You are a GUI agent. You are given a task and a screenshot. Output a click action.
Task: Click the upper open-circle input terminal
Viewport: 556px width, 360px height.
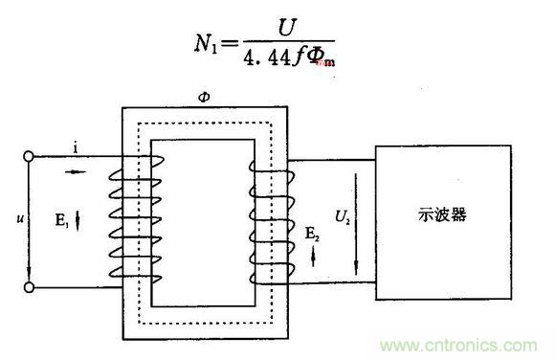click(30, 156)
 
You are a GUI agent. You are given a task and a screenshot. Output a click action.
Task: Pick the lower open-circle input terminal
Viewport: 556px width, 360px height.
click(30, 286)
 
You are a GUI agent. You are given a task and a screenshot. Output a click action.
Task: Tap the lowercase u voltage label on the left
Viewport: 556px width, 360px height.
click(18, 220)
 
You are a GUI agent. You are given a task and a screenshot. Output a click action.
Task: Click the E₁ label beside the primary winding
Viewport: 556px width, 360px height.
click(59, 219)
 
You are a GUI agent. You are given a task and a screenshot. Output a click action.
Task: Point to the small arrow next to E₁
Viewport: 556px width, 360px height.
click(78, 220)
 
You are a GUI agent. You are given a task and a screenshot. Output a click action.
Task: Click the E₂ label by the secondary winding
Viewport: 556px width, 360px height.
click(312, 232)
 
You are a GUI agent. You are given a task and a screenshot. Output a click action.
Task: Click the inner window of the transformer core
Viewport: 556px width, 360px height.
click(202, 221)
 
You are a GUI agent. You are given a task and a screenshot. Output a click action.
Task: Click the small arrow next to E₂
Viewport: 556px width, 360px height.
click(312, 252)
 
